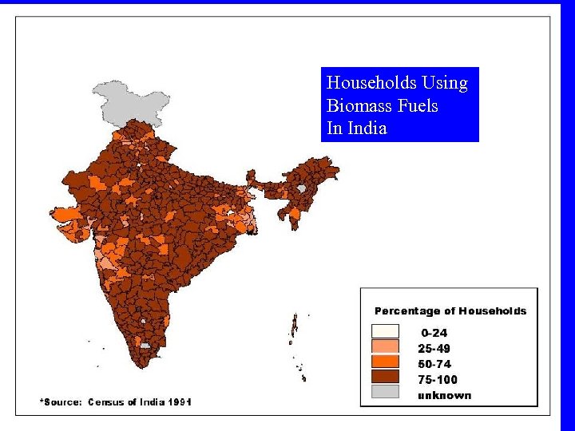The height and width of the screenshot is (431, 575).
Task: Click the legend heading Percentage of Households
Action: coord(450,311)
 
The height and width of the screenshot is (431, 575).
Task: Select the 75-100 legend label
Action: coord(438,379)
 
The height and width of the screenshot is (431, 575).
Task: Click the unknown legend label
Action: coord(444,395)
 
